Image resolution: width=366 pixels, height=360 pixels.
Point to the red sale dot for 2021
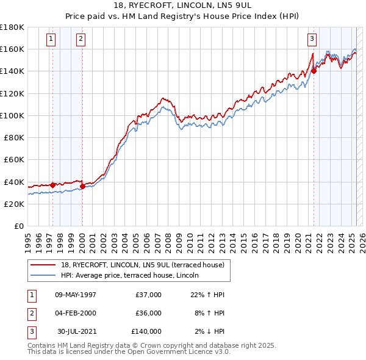click(x=314, y=71)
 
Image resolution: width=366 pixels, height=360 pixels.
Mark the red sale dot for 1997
click(x=52, y=185)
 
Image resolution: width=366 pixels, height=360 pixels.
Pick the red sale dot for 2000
click(x=82, y=186)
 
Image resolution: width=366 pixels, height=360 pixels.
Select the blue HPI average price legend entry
click(x=134, y=276)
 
